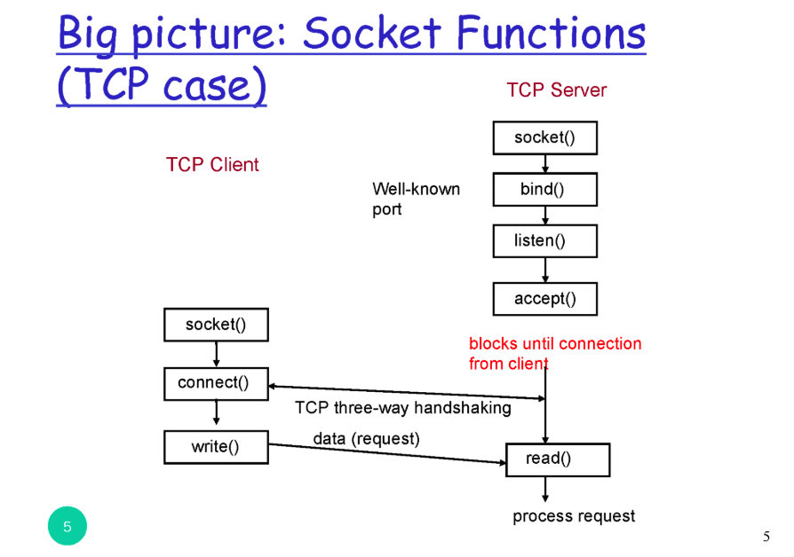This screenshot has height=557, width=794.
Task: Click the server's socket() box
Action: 544,137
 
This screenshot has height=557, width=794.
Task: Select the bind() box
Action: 544,189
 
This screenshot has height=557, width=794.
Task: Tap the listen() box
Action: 544,240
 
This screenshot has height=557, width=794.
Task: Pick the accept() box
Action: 544,299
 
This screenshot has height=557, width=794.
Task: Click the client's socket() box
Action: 216,325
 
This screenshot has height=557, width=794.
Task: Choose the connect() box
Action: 216,383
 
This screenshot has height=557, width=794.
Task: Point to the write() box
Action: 216,447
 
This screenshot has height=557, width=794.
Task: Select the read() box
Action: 558,459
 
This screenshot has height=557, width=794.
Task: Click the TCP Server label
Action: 557,90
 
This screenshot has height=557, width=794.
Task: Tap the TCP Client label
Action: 212,164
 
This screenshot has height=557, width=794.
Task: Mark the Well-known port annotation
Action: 416,199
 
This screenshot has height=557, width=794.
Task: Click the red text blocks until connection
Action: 555,343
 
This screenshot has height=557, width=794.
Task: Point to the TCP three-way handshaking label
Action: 402,408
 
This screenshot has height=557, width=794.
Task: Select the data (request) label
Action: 366,438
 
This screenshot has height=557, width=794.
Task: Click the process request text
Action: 574,516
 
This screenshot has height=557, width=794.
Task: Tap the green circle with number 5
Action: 67,527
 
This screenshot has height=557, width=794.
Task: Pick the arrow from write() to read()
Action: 387,453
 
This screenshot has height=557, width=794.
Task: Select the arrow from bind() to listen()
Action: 545,215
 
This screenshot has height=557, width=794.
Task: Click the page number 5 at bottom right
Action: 766,536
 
